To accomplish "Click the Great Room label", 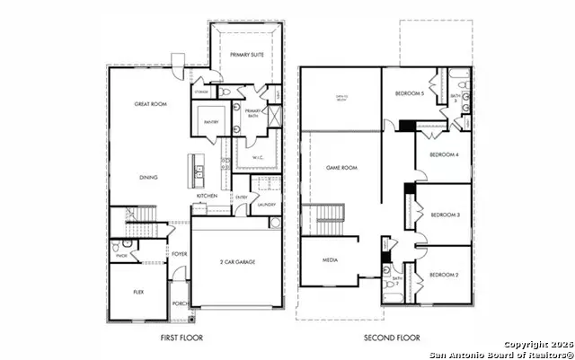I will (x=152, y=104).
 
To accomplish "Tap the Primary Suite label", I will (x=249, y=56).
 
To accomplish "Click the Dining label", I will (x=148, y=177).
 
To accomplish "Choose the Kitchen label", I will (x=208, y=196).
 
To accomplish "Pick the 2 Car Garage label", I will (x=238, y=262).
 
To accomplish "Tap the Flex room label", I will (x=137, y=292).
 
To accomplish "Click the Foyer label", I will (x=180, y=253).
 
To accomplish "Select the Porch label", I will (x=179, y=303).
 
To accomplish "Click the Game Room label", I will (x=341, y=168).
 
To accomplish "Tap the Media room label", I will (x=329, y=260).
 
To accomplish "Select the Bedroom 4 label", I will (x=445, y=155).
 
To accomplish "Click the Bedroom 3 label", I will (x=445, y=215).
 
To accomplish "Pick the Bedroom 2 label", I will (x=444, y=275).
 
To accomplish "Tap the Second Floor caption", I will (x=392, y=338).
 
